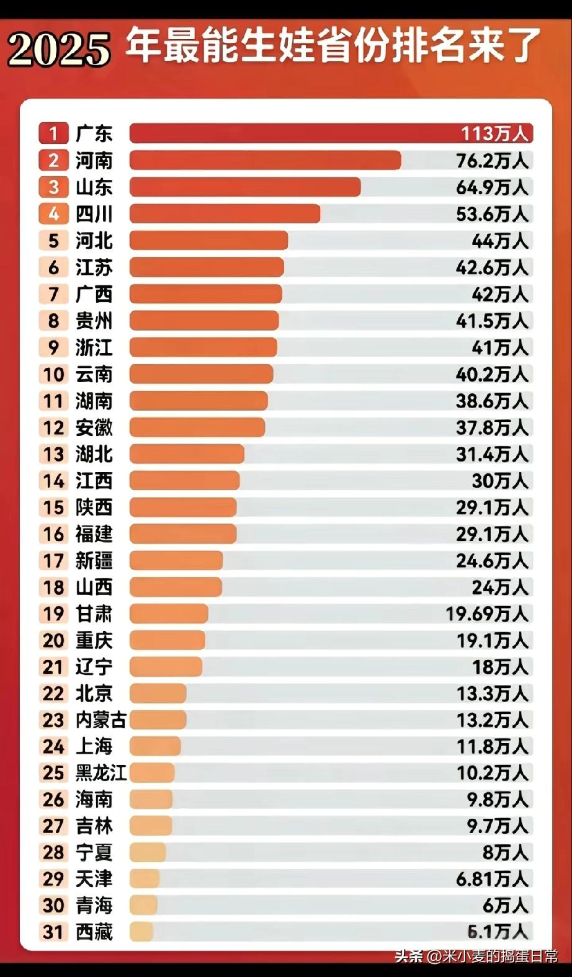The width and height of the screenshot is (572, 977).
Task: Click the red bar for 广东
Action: pos(292,133)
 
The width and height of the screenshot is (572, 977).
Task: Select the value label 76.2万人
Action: pos(492,161)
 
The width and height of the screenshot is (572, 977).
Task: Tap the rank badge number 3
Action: pos(54,187)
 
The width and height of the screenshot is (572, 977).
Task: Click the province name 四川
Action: pos(94,214)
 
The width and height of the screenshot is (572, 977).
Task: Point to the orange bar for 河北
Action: pos(208,241)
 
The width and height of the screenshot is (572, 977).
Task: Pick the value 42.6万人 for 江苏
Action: pos(492,267)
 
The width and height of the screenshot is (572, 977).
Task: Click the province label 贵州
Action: pos(94,321)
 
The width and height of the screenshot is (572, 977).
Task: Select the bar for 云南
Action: pos(201,374)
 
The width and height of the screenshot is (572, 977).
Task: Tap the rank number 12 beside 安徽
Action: pos(53,427)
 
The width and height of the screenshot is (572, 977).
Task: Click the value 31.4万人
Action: pos(492,454)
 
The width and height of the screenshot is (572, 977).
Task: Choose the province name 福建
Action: pos(94,534)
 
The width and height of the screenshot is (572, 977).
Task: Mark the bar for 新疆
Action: pos(176,561)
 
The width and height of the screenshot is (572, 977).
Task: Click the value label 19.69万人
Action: pos(486,614)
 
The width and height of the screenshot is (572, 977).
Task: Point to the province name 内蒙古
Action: pos(101,720)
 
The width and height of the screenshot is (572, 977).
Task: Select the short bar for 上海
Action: pos(155,746)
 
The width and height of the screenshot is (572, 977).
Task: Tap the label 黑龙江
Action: pos(101,773)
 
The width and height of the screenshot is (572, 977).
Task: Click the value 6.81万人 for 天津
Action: pos(492,879)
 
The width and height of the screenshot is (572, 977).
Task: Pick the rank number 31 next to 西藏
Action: pos(53,932)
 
